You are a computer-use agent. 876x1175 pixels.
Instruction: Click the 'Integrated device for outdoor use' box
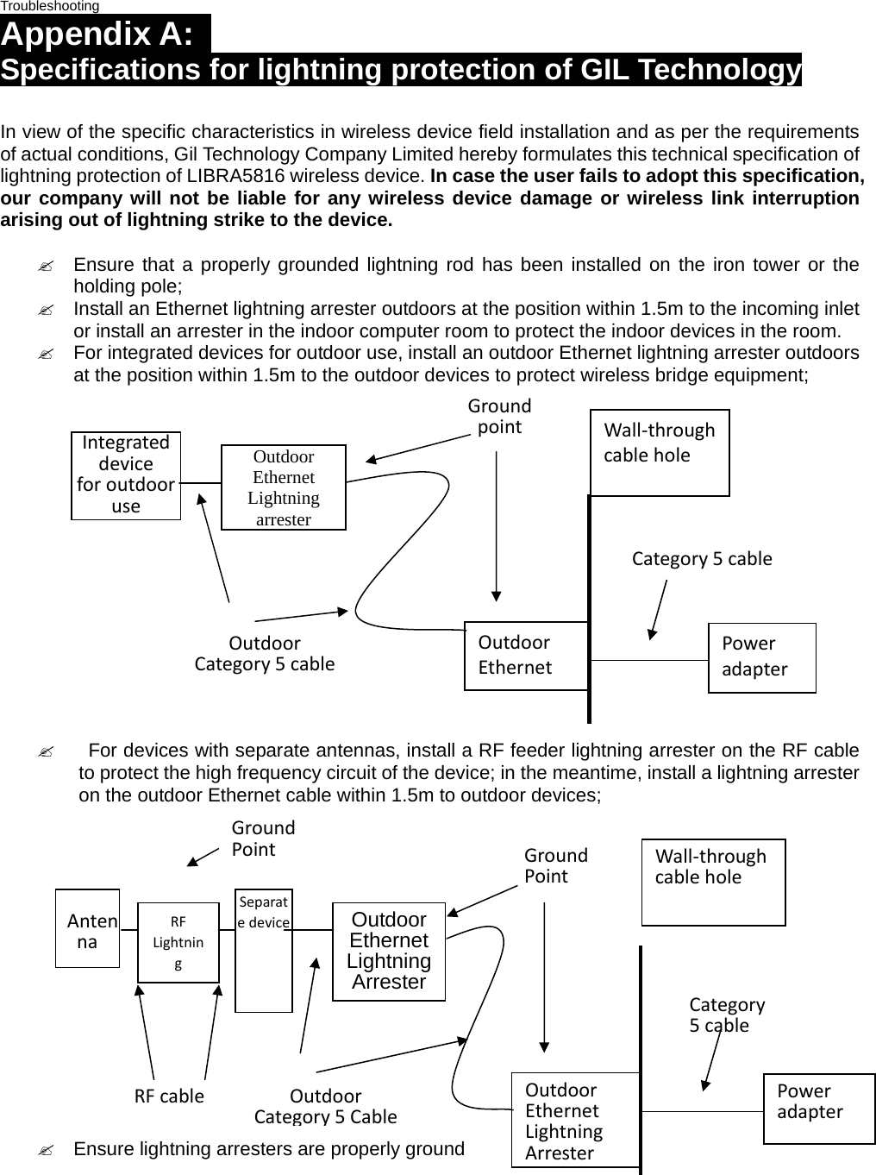(126, 475)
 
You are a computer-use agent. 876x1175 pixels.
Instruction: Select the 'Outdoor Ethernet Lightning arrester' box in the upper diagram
(283, 487)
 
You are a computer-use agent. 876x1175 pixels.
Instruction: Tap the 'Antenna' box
(87, 928)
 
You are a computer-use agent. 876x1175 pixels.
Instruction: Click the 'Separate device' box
(264, 950)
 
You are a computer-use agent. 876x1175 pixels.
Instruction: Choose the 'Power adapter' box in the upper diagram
(761, 657)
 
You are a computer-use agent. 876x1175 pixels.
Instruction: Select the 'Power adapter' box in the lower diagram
(819, 1109)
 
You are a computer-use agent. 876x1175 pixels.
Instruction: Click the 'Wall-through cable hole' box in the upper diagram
(660, 452)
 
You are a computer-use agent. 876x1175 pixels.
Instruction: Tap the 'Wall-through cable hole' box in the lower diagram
(713, 882)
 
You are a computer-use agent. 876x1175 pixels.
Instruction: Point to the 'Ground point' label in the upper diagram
(499, 416)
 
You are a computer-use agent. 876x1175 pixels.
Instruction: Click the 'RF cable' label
(169, 1096)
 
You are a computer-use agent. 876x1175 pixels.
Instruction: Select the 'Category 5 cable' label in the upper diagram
(702, 559)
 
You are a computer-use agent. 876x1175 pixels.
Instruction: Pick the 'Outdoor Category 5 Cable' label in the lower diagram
(325, 1106)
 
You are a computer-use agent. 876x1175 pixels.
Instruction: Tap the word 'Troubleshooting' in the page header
(50, 6)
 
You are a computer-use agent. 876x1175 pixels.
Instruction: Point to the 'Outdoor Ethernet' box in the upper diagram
(526, 656)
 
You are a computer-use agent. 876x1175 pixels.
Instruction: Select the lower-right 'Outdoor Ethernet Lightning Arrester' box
(575, 1120)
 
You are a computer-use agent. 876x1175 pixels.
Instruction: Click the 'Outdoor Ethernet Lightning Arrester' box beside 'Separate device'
(389, 951)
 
